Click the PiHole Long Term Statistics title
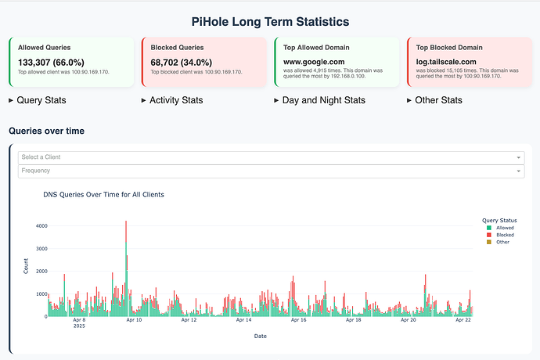(270, 22)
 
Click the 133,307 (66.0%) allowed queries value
(52, 62)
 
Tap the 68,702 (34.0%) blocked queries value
(185, 62)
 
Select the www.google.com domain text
(314, 62)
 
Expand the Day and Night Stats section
(317, 100)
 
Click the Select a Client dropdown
(270, 157)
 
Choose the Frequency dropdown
(270, 171)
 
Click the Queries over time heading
(46, 131)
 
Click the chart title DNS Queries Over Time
(103, 194)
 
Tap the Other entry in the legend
(502, 242)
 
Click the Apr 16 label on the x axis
(299, 320)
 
